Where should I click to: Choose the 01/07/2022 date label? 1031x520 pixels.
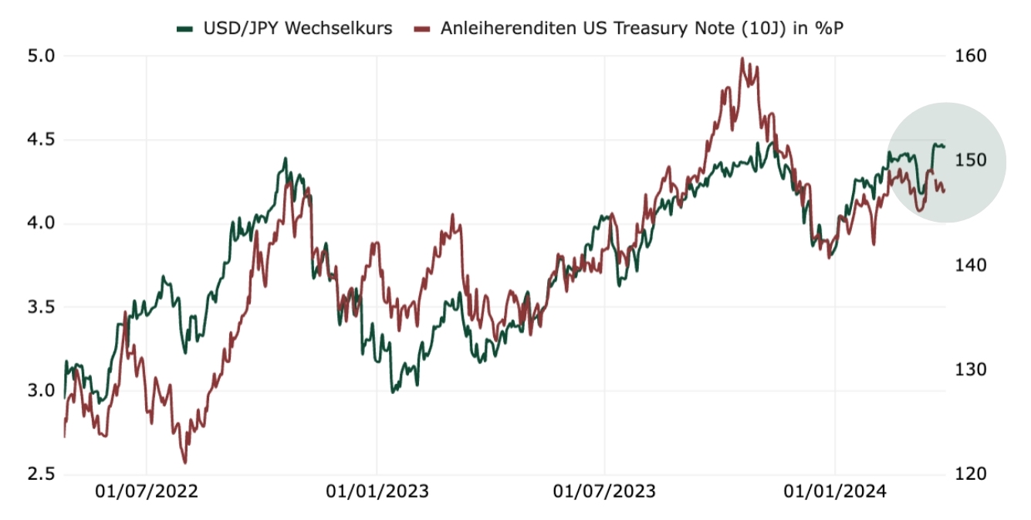(x=147, y=491)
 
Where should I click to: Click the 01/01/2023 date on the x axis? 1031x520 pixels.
(x=377, y=491)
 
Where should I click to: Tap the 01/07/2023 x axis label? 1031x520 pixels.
(x=606, y=491)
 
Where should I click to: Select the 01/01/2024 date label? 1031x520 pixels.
(x=836, y=491)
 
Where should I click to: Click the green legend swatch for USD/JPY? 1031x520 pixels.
(x=184, y=29)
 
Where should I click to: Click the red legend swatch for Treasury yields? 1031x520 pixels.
(x=421, y=29)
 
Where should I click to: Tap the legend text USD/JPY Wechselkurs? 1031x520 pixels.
(x=297, y=29)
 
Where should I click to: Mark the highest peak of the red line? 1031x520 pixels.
(x=742, y=58)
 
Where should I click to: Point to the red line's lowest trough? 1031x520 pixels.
(x=185, y=463)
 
